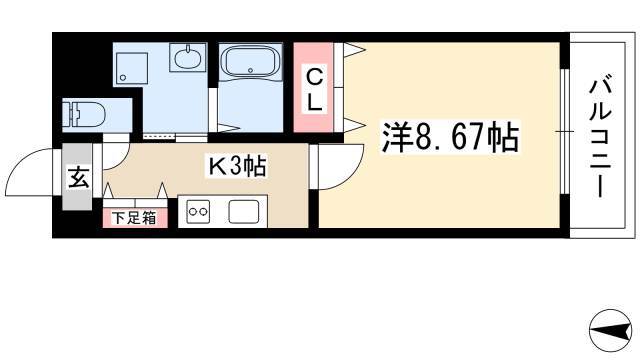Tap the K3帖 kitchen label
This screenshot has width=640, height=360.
(237, 166)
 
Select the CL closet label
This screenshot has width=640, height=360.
(314, 90)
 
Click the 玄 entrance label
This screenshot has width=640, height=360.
(78, 177)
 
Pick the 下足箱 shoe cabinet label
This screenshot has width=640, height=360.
(134, 218)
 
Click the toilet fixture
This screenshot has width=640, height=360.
(84, 115)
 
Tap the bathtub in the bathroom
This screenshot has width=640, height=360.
(250, 61)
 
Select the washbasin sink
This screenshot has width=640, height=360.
(188, 58)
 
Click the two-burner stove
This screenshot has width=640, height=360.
(198, 212)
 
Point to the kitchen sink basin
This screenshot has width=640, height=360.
(244, 212)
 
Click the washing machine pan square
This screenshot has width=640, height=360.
(131, 69)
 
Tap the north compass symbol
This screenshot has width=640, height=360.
(610, 331)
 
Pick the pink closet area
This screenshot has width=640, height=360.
(313, 87)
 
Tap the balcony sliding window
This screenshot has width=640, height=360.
(564, 131)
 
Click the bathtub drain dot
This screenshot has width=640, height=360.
(250, 70)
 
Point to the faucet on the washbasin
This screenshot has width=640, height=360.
(188, 49)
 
